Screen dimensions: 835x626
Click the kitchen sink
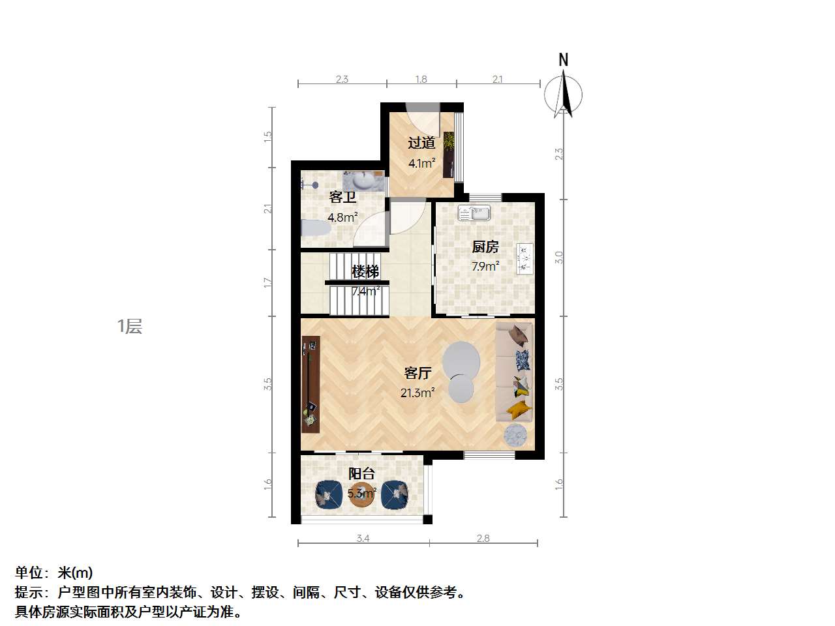pos(474,213)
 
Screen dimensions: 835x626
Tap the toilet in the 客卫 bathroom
pos(315,229)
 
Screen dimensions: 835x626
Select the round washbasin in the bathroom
pos(364,179)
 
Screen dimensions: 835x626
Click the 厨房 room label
pos(485,246)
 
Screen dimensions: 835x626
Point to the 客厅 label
pos(417,373)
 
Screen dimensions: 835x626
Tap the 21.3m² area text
pos(417,393)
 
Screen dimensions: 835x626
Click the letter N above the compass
pos(564,60)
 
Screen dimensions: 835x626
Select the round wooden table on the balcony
pos(362,494)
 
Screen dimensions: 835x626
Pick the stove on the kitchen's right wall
pos(524,259)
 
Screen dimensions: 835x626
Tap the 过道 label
pos(421,143)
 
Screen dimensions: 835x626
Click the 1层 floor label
pos(130,327)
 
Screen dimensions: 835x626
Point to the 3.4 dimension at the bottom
pos(363,538)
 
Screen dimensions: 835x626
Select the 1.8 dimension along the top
pos(421,79)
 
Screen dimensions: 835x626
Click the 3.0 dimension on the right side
pos(558,258)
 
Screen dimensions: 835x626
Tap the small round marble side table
pos(515,435)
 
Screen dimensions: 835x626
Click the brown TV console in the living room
pos(311,384)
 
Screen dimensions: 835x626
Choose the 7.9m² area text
pos(485,266)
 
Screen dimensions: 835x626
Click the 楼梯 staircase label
pos(365,271)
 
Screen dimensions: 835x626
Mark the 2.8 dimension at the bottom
pos(483,538)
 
